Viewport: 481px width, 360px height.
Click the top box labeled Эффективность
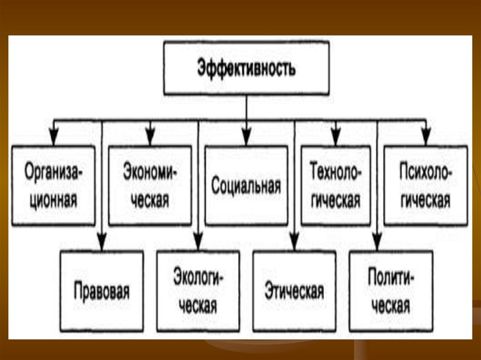click(246, 68)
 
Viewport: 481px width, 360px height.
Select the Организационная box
click(53, 186)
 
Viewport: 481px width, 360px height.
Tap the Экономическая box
click(150, 186)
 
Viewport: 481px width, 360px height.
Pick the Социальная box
click(246, 186)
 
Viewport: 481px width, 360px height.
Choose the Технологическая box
click(335, 186)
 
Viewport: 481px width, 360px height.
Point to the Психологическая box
click(426, 186)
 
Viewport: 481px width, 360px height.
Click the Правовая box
click(101, 291)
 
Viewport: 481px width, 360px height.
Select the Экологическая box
click(198, 291)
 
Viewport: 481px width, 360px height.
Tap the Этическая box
click(294, 291)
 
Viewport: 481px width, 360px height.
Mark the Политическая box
click(390, 291)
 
